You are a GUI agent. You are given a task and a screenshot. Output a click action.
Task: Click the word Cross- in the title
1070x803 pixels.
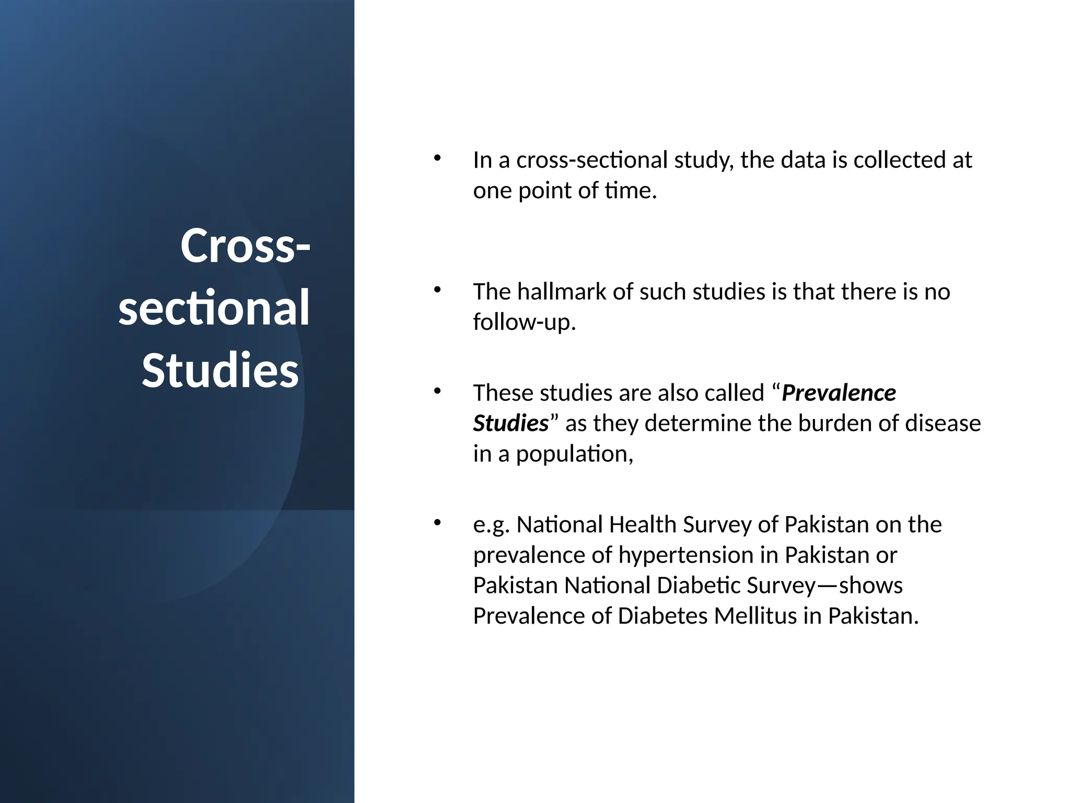[x=245, y=246]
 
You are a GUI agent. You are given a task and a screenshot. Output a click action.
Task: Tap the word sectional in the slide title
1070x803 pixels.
[x=214, y=308]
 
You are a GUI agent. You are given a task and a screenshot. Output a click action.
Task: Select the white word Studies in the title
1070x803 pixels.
[x=220, y=370]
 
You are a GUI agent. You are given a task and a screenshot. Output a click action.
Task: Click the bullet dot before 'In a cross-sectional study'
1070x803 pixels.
[x=437, y=158]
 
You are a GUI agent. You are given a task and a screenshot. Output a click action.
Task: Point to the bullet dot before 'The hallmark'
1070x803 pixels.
[x=437, y=290]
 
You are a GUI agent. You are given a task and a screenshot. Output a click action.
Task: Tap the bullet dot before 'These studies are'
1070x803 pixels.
[x=437, y=391]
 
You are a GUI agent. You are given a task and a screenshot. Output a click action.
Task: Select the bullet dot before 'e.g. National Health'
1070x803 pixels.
[x=437, y=522]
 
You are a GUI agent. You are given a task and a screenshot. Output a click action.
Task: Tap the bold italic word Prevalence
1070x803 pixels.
[x=839, y=393]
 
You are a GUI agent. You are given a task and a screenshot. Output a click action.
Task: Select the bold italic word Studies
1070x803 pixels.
[x=511, y=423]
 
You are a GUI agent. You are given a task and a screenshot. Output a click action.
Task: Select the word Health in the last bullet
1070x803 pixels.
[x=642, y=525]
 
